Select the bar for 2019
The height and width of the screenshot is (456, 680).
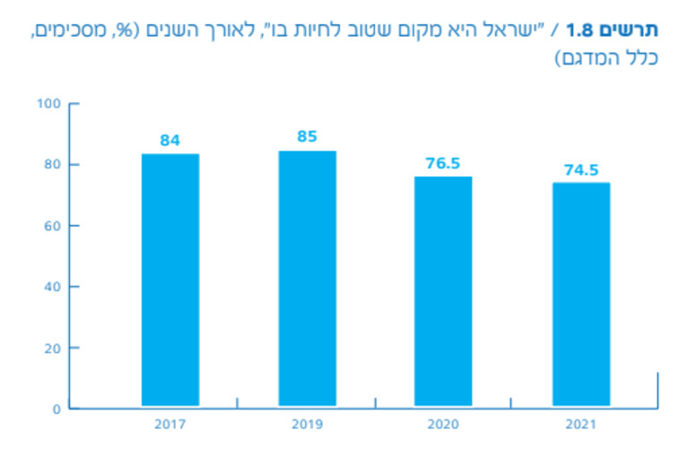coord(307,279)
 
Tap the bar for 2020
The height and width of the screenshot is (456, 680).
coord(443,292)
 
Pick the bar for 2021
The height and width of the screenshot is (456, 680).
coord(580,295)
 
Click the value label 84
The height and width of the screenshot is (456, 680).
coord(170,140)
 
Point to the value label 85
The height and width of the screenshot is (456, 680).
coord(307,137)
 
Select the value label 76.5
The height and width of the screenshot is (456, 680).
coord(443,163)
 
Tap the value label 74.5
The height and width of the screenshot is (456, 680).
coord(580,169)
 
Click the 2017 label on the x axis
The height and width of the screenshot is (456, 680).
coord(170,424)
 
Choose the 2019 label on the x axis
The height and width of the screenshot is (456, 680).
coord(307,424)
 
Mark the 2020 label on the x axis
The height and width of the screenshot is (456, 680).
coord(443,424)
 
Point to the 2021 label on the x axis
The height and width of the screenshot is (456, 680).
coord(580,424)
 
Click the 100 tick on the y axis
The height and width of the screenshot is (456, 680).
coord(48,104)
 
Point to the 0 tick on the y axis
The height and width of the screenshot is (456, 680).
coord(55,409)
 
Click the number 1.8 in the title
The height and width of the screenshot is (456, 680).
coord(584,30)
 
